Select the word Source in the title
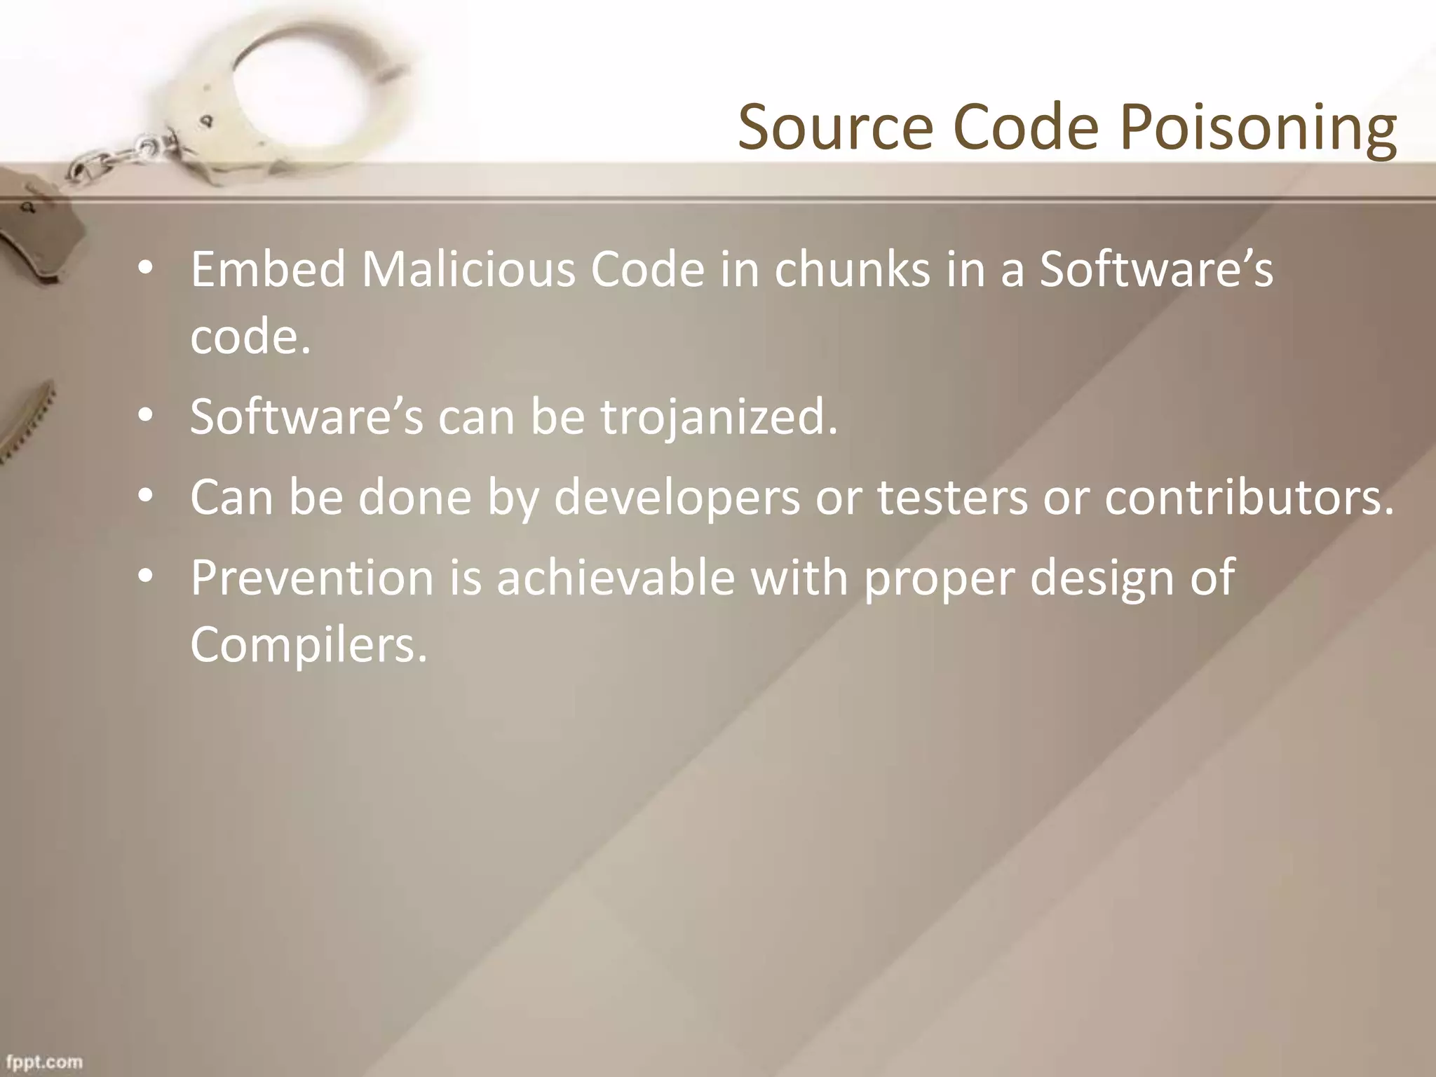[x=835, y=128]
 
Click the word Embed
[x=268, y=269]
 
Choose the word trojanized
[x=719, y=416]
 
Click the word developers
[x=677, y=497]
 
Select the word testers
[x=952, y=497]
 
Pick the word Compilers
[x=309, y=644]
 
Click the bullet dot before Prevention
[x=145, y=576]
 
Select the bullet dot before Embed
[x=145, y=268]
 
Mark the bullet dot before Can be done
[x=145, y=496]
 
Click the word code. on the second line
[x=250, y=337]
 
